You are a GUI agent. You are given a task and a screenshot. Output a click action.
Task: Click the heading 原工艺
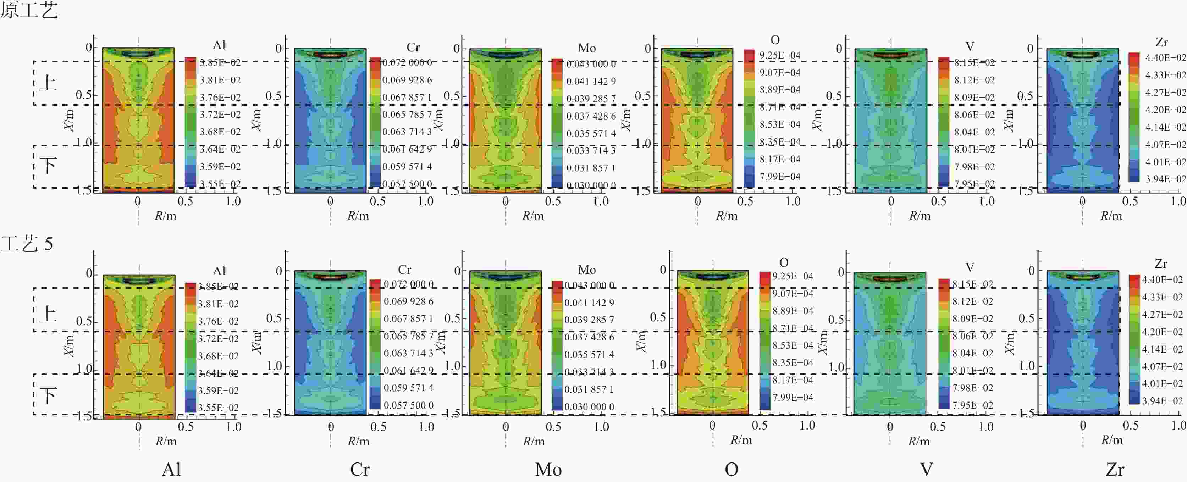coord(29,10)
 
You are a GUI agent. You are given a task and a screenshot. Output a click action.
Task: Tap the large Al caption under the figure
coord(171,470)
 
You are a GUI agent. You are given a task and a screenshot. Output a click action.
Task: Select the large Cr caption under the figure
coord(359,470)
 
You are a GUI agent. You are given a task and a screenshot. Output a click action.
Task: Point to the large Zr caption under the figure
coord(1115,470)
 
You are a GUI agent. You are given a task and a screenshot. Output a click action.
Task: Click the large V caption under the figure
coord(926,470)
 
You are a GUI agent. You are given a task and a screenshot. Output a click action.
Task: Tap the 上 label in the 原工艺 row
coord(48,83)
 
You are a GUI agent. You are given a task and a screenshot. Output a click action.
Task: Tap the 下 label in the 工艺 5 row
coord(48,396)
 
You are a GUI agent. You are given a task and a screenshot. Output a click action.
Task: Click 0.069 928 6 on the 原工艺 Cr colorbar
coord(407,80)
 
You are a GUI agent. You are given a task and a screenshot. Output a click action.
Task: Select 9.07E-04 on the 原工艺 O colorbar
coord(780,72)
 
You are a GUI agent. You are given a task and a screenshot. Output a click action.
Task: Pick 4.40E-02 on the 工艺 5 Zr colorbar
coord(1162,280)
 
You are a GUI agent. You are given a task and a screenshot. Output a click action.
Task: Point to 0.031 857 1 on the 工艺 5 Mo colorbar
coord(589,389)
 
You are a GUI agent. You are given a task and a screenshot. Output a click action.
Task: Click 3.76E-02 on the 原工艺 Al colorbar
coord(220,97)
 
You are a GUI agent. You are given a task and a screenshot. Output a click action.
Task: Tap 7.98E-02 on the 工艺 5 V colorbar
coord(972,388)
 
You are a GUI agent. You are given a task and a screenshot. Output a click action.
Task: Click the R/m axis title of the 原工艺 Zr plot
coord(1111,216)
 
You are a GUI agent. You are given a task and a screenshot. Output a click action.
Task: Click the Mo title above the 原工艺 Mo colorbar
coord(587,48)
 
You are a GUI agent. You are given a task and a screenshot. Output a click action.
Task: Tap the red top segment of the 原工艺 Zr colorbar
coord(1134,58)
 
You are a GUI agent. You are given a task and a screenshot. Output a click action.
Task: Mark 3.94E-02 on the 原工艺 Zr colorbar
coord(1165,179)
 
